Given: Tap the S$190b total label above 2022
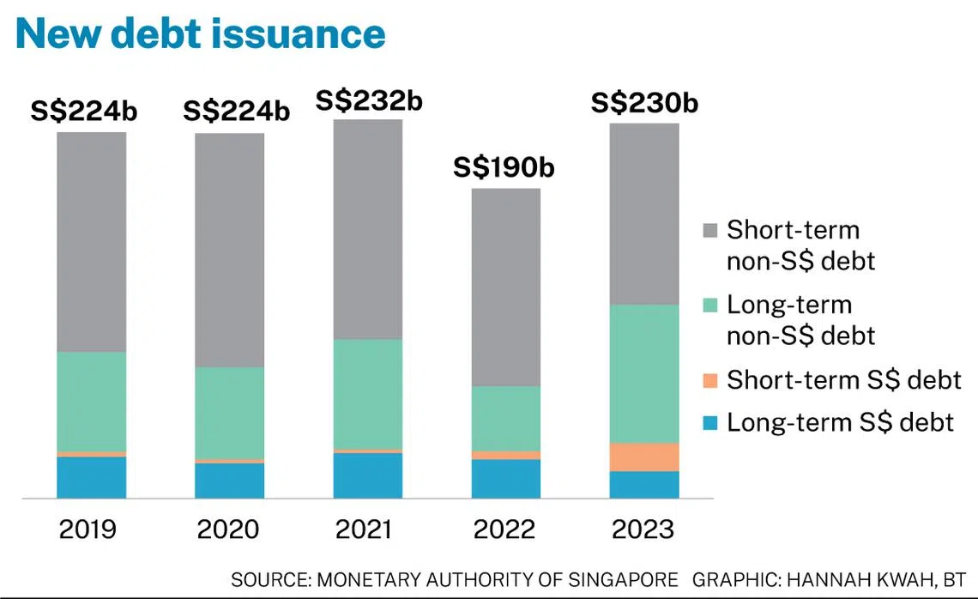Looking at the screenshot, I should click(504, 167).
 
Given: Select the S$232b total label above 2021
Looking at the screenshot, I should click(369, 100).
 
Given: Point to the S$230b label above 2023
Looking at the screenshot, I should click(644, 104).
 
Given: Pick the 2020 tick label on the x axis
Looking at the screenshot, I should click(229, 529).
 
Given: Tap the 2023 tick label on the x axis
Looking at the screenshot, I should click(643, 529).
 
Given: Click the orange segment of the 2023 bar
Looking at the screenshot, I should click(644, 457).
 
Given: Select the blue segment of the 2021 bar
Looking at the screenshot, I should click(368, 475).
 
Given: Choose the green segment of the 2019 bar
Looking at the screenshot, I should click(92, 401).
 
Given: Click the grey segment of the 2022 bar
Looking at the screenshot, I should click(506, 287).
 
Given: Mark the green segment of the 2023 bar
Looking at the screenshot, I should click(644, 373).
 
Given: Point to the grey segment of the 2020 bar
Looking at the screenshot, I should click(230, 250).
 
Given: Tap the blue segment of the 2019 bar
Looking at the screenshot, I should click(92, 477).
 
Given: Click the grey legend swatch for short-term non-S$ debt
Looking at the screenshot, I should click(709, 230).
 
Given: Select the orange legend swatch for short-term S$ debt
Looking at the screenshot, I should click(709, 380).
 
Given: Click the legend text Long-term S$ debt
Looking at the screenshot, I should click(840, 422).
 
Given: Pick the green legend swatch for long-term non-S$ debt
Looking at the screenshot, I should click(709, 305).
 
